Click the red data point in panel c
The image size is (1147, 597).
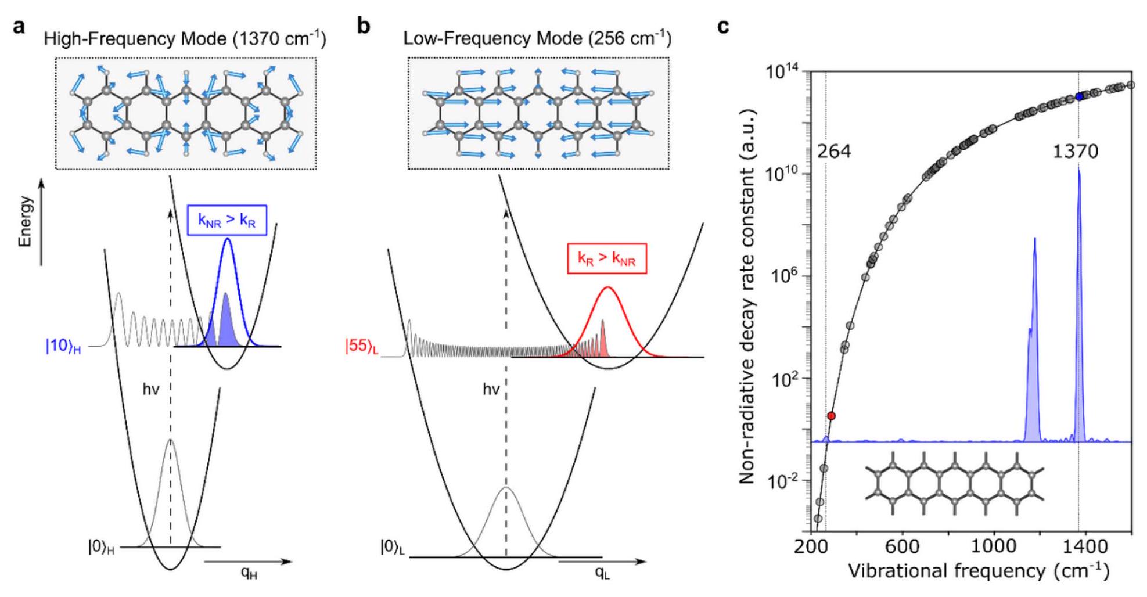[x=832, y=416]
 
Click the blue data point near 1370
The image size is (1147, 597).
[x=1079, y=96]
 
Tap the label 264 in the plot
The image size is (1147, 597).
[x=833, y=152]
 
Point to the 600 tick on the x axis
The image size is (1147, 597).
[x=903, y=546]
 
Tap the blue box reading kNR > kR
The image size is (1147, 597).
[x=226, y=221]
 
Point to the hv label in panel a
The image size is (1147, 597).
[x=150, y=390]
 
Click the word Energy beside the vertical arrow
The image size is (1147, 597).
[x=25, y=221]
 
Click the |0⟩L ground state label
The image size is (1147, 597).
[x=393, y=547]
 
